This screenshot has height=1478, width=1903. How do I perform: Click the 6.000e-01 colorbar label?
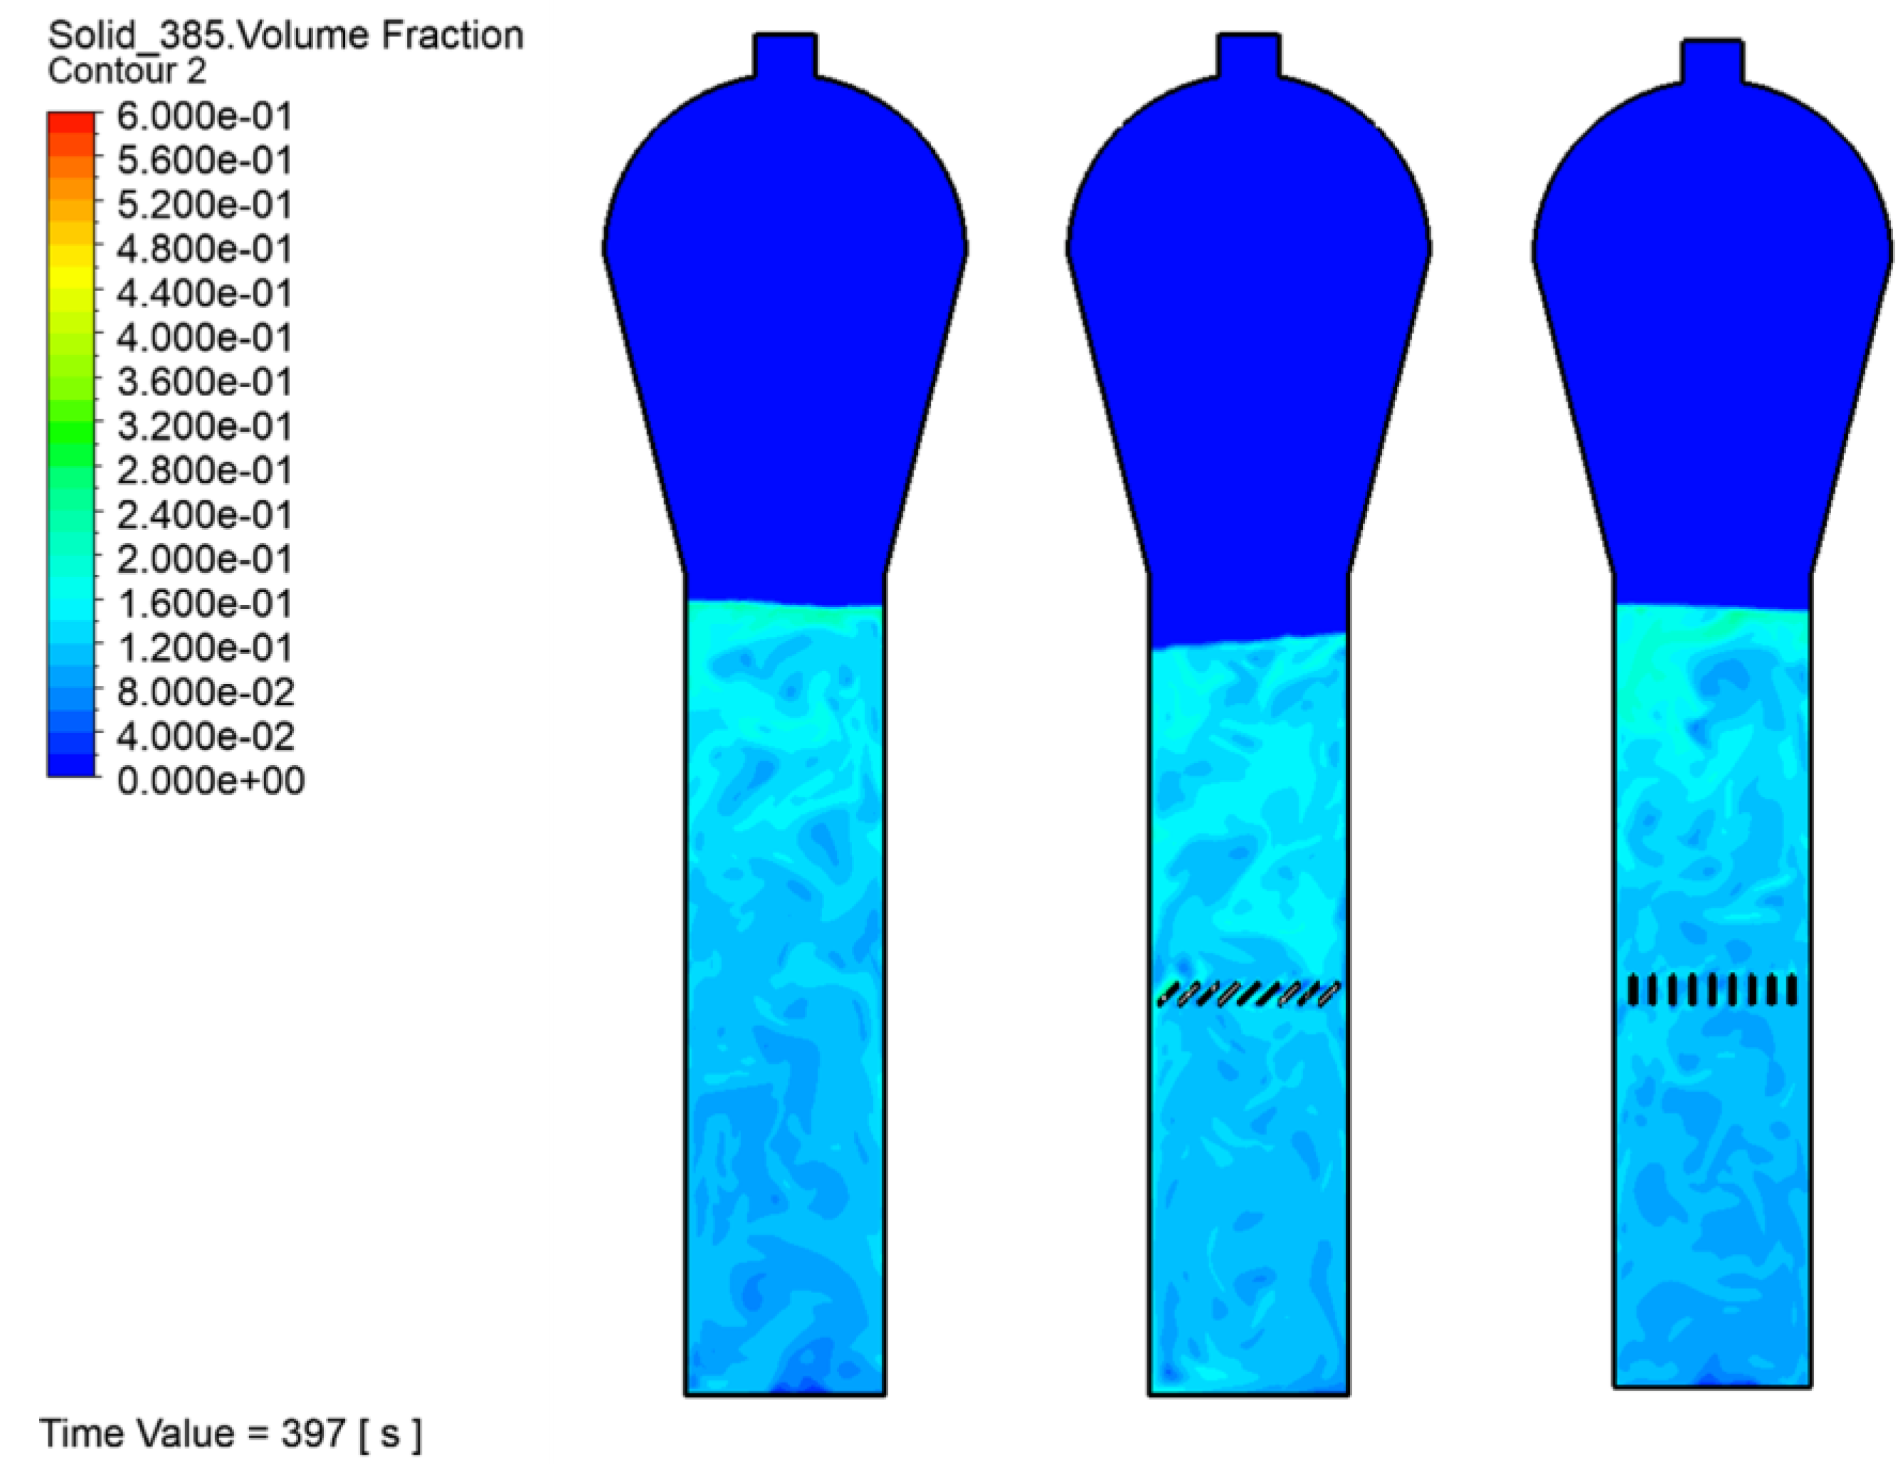205,116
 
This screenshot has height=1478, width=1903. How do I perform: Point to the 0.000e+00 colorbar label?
211,780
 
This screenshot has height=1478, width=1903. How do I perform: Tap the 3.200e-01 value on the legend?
205,426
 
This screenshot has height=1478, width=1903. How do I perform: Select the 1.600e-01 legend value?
205,603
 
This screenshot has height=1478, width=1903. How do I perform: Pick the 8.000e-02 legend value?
206,692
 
